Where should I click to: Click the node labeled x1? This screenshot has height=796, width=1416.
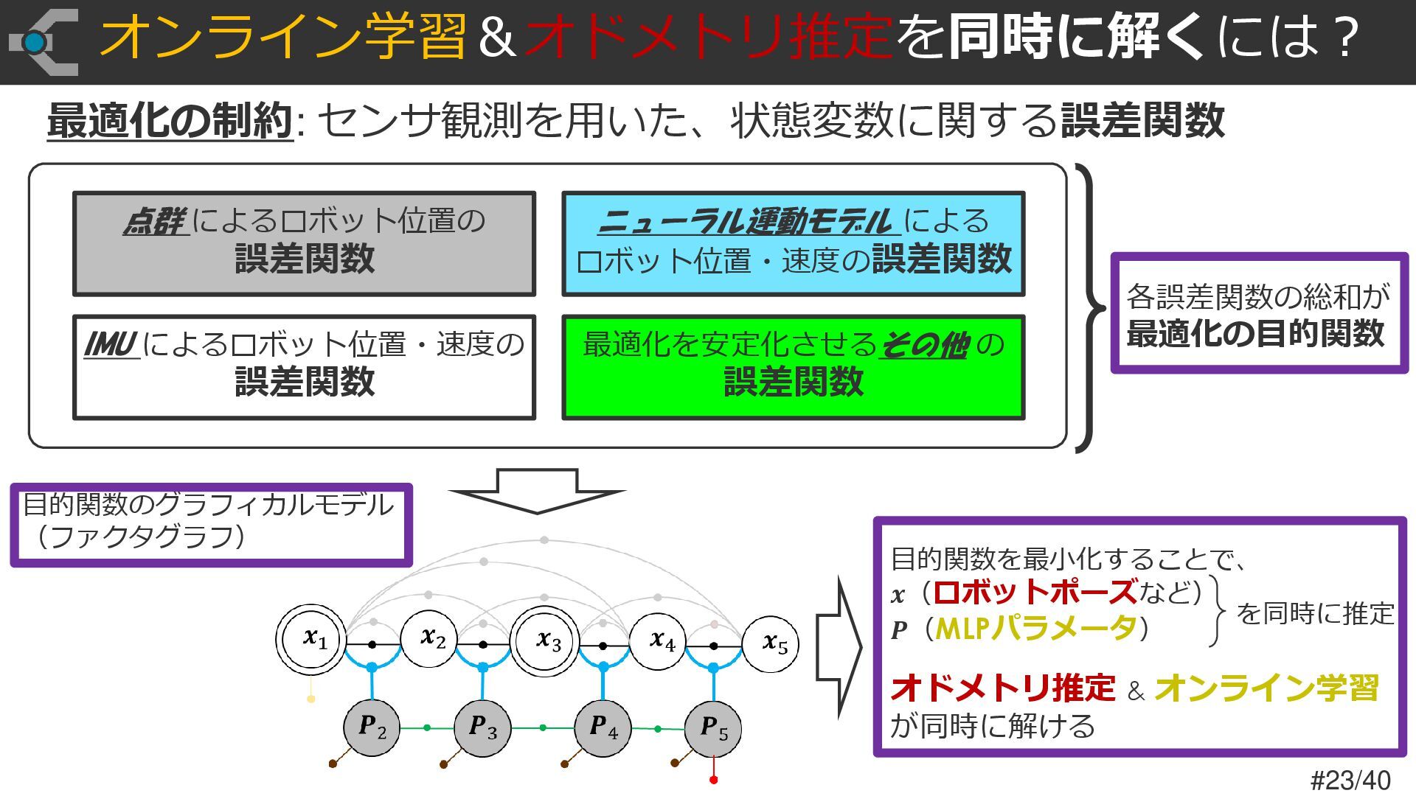pos(312,639)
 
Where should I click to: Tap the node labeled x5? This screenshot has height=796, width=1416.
pos(771,644)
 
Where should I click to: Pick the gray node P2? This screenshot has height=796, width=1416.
pos(372,727)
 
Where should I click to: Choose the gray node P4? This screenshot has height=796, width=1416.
pos(603,727)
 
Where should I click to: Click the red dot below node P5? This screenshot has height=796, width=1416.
pos(713,780)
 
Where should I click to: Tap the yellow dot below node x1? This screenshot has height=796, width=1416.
pos(311,699)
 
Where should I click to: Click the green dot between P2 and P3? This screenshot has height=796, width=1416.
pos(427,728)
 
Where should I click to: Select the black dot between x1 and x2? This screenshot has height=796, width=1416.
pos(372,645)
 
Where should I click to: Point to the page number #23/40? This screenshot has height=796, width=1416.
pos(1350,780)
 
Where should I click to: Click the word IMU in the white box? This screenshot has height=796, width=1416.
pos(111,344)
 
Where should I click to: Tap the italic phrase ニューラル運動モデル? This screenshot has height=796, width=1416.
pos(746,221)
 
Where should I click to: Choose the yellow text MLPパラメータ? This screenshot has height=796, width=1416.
pos(1035,629)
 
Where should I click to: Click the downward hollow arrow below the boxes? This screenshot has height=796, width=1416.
pos(537,491)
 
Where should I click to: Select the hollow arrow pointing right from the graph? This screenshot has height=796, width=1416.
pos(839,647)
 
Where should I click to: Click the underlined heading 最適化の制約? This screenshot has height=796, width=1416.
pos(170,121)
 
